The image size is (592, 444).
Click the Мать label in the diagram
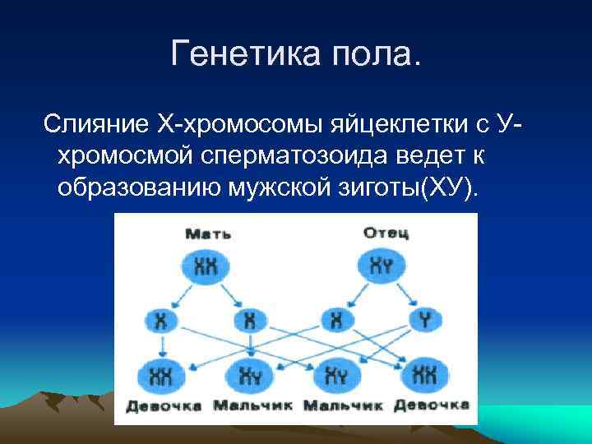click(207, 234)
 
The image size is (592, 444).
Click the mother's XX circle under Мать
click(207, 266)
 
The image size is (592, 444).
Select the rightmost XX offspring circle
click(425, 374)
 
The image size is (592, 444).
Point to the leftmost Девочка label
click(164, 405)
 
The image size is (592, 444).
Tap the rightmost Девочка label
click(430, 405)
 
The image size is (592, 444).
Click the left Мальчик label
click(255, 405)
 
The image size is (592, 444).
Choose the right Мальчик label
click(343, 405)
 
